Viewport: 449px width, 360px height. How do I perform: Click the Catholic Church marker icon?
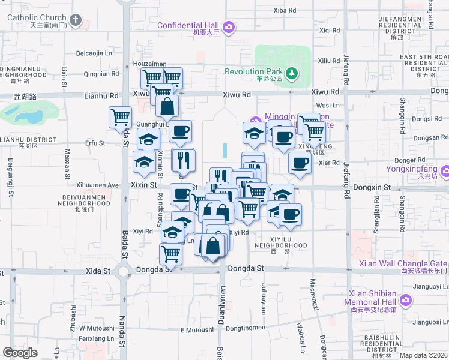coord(75,20)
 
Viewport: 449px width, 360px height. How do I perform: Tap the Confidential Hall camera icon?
coord(228,27)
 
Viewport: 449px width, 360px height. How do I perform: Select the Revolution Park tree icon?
coord(292,73)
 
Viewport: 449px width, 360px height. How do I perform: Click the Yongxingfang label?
coord(414,169)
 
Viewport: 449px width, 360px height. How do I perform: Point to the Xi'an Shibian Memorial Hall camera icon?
coord(406,299)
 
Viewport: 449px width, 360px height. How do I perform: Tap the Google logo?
coord(20,353)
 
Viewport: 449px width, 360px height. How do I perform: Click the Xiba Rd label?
coord(285,10)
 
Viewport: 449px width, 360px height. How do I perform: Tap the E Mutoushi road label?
coord(197,329)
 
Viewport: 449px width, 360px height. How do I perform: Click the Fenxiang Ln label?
coord(96,338)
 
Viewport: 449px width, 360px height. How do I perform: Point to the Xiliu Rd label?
coord(328,61)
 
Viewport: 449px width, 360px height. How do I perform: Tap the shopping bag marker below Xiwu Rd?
coord(167,106)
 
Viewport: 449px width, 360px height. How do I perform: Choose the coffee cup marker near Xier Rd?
coord(299,163)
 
